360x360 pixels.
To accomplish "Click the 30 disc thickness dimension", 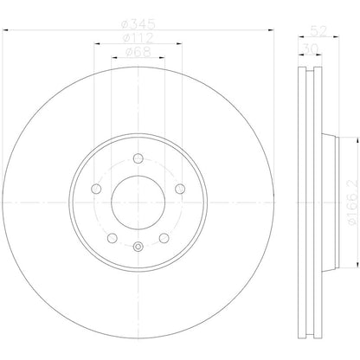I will click(x=308, y=49).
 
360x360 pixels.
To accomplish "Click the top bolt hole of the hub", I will click(x=138, y=157).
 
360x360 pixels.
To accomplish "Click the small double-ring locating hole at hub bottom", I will click(x=138, y=248).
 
